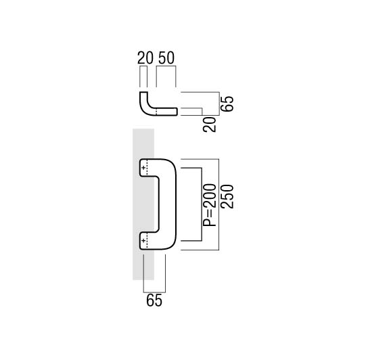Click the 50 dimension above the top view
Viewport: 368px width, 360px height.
point(166,58)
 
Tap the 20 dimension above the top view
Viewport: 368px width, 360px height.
point(145,58)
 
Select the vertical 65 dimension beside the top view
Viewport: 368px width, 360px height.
point(227,104)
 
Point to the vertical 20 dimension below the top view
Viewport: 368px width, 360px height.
point(209,125)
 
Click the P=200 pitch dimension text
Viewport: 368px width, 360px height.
point(209,205)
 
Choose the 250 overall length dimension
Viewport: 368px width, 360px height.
point(227,197)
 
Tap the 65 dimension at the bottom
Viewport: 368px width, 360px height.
point(154,300)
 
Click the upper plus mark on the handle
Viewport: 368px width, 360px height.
point(143,168)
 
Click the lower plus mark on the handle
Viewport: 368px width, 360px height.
point(143,241)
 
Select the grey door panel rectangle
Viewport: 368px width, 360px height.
point(143,204)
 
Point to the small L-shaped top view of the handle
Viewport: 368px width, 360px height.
point(159,104)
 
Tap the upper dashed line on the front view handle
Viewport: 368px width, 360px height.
point(147,167)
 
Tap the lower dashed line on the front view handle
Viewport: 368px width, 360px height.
point(147,241)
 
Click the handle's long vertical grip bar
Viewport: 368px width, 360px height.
point(167,204)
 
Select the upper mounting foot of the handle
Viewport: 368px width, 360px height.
point(147,168)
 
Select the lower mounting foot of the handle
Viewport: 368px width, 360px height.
point(147,241)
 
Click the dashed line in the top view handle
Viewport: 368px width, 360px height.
point(156,112)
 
